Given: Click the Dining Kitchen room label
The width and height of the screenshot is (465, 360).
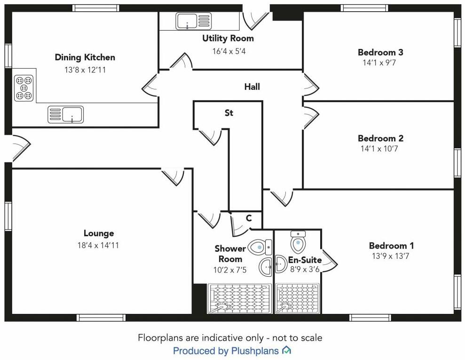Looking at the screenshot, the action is tap(85, 57).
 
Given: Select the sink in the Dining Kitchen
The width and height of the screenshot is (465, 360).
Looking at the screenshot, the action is tap(66, 114).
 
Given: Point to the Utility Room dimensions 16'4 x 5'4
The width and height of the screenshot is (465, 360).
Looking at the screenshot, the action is tap(229, 51).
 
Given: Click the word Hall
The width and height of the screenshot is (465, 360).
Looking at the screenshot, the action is tap(252, 87).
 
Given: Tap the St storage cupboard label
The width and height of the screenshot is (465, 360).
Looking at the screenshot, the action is tap(229, 113).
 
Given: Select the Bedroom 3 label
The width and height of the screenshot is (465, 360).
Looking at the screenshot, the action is tap(380, 52).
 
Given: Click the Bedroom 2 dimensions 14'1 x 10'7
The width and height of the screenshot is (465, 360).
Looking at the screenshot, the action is tap(380, 149).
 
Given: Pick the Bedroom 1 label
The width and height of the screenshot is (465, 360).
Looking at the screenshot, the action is tap(391, 246).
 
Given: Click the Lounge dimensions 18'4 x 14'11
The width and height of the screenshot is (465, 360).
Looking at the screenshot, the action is tap(99, 245).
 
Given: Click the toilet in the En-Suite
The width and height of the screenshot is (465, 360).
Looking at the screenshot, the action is tap(298, 242).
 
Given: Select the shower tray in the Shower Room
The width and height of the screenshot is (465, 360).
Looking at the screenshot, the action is tap(239, 298).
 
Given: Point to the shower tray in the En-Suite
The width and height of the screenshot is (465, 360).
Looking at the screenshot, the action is tap(297, 298).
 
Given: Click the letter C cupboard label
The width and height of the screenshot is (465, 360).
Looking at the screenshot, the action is tap(249, 218).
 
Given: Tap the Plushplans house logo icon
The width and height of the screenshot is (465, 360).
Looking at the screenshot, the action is tap(286, 351).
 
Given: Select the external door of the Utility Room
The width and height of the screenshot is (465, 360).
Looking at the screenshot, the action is tap(256, 16).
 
